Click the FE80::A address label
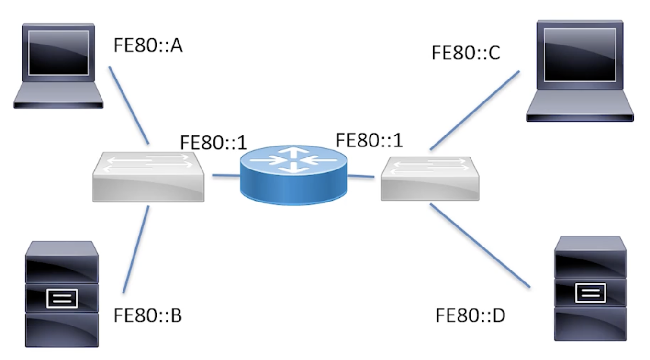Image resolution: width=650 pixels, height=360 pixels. [148, 46]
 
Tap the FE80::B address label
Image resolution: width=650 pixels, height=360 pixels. [147, 316]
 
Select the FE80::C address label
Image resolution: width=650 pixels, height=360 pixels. [465, 53]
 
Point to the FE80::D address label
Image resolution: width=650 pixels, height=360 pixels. [470, 316]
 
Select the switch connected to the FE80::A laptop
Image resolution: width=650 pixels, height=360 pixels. [149, 177]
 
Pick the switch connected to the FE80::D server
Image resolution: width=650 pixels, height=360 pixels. [430, 178]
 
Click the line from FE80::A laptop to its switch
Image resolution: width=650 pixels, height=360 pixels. [129, 105]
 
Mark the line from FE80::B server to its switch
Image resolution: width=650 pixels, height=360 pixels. [136, 249]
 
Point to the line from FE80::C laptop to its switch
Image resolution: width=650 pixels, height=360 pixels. [474, 111]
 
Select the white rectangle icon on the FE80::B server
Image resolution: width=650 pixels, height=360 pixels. [61, 299]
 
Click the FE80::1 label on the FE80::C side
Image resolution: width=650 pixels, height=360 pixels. [369, 140]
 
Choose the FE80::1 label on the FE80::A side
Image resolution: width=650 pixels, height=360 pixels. [213, 143]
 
